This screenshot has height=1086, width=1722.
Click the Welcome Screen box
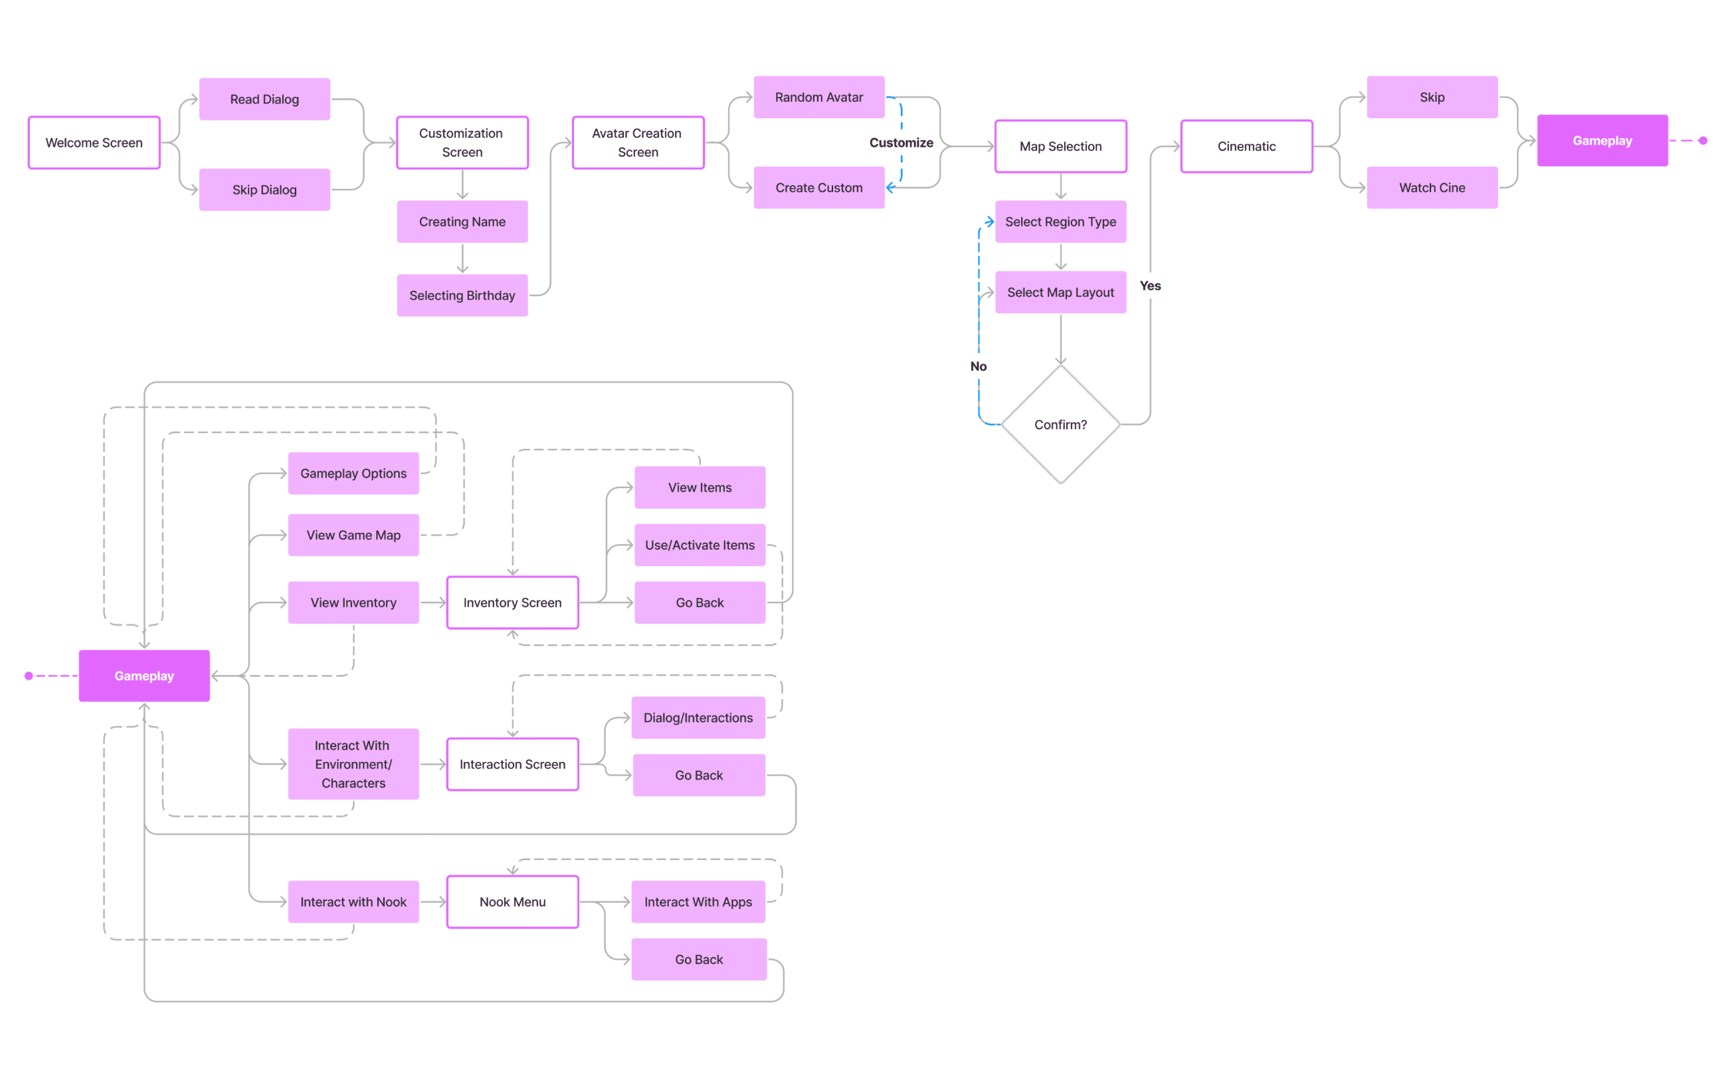[94, 143]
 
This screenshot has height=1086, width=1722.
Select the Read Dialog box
[264, 100]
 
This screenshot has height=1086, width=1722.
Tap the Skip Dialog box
[264, 189]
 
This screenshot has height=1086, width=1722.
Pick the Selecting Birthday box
[462, 296]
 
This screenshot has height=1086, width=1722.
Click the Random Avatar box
[818, 97]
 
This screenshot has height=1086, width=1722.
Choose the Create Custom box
[818, 187]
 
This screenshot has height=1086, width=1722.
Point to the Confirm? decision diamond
[1060, 424]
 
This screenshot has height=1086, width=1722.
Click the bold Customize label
[901, 143]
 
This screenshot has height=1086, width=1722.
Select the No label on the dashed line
[979, 366]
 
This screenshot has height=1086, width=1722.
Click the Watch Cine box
[1432, 187]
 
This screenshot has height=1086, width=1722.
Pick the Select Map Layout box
[1060, 292]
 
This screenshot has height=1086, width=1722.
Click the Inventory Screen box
[512, 602]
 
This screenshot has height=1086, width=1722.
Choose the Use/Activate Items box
[700, 545]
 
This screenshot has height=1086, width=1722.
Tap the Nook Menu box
[512, 901]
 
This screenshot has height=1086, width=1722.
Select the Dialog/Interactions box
[698, 718]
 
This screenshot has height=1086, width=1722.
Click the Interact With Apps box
[698, 901]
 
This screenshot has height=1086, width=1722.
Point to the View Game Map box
[353, 535]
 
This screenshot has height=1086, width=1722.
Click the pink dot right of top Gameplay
[1703, 141]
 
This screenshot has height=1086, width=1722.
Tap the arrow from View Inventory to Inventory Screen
[433, 602]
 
